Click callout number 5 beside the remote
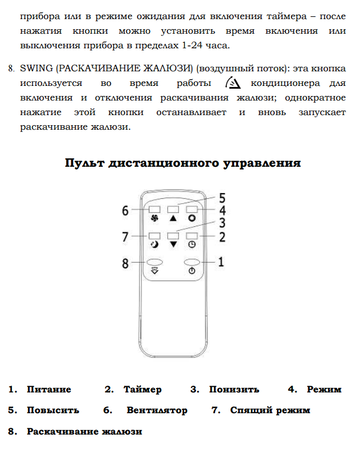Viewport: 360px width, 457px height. tap(222, 198)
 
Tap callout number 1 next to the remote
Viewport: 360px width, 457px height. tap(222, 262)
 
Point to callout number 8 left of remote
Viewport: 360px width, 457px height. tap(125, 262)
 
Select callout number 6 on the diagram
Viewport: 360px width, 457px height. tap(125, 211)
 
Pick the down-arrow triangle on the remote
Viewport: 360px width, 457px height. tap(173, 244)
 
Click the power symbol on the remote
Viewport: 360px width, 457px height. tap(192, 271)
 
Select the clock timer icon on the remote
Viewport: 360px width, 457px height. tap(192, 244)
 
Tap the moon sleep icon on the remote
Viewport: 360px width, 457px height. tap(154, 244)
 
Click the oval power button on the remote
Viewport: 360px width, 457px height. tap(192, 262)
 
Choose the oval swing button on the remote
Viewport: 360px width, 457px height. tap(155, 262)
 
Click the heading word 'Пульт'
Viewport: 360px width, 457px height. tap(85, 163)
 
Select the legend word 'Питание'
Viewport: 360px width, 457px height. tap(49, 390)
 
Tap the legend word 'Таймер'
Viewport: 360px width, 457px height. tap(143, 390)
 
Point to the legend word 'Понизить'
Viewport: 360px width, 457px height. tap(234, 390)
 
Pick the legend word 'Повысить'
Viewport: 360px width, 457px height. tap(53, 410)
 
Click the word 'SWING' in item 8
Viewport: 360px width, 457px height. tap(37, 68)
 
